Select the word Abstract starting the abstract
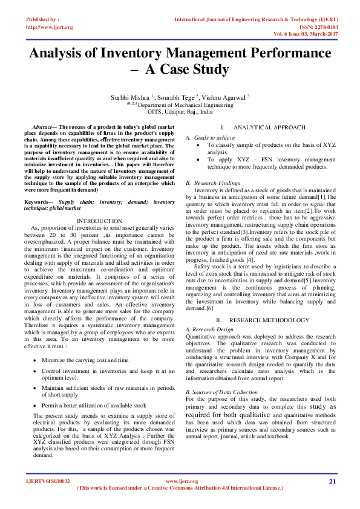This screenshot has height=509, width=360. pyautogui.click(x=43, y=128)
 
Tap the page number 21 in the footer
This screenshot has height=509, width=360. pyautogui.click(x=332, y=481)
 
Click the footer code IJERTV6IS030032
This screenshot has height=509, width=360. pyautogui.click(x=48, y=481)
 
